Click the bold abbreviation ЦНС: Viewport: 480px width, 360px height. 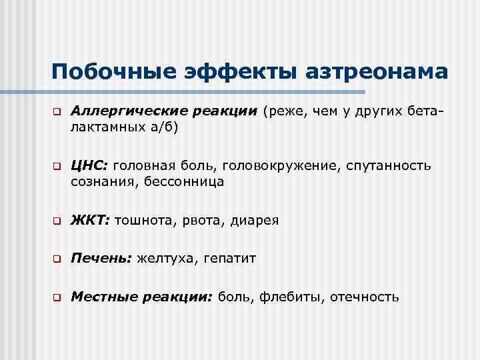click(x=91, y=165)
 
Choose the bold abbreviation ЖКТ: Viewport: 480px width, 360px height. click(x=91, y=219)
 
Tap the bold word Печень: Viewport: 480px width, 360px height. click(x=101, y=258)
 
